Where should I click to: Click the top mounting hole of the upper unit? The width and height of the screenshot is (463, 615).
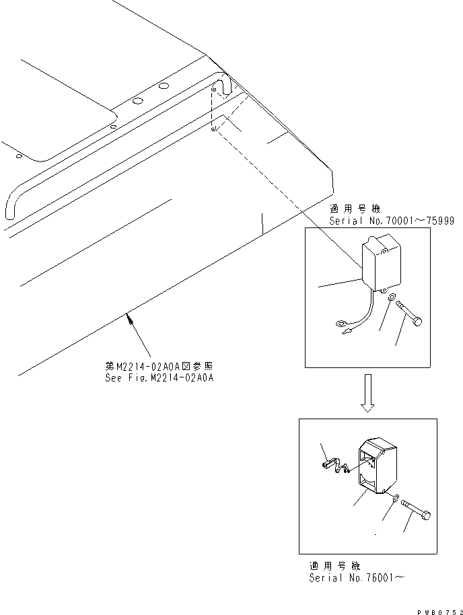click(x=385, y=251)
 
